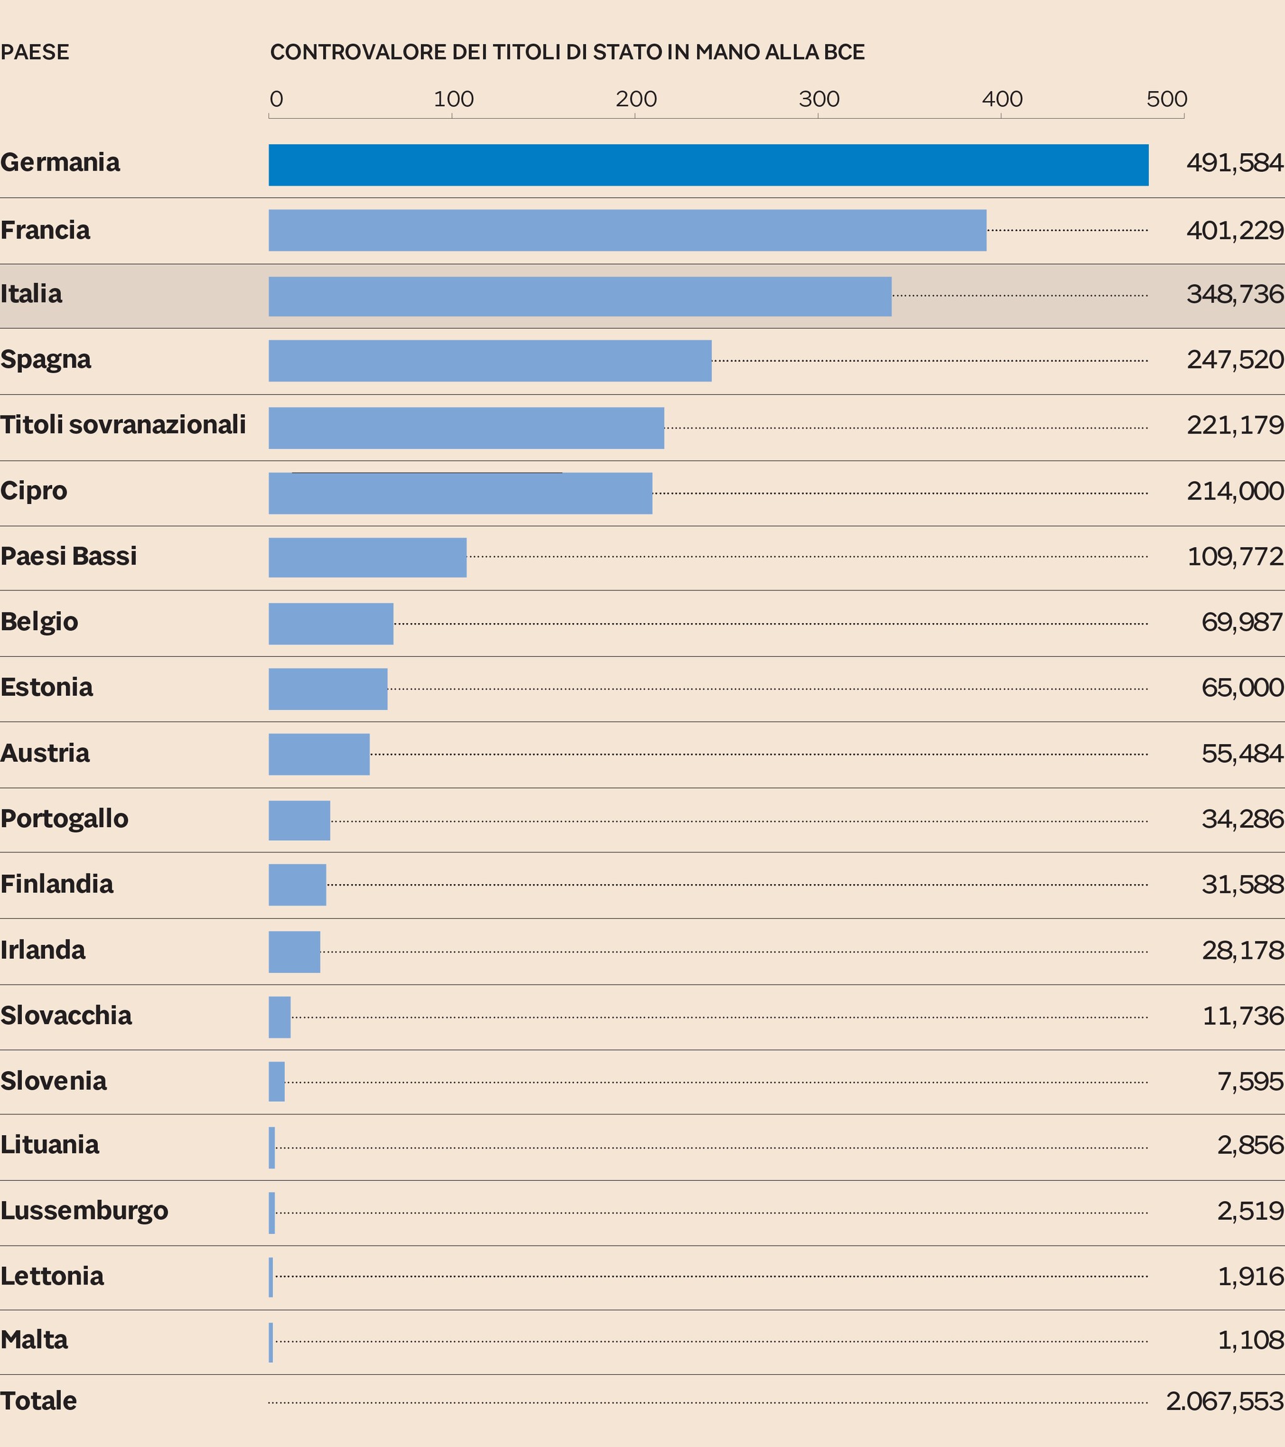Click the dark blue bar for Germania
(708, 165)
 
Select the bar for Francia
(627, 230)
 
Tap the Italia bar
(580, 296)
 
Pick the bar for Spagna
(490, 360)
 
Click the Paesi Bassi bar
(368, 557)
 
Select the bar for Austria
(319, 754)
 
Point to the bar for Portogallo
(299, 821)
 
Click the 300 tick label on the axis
(819, 99)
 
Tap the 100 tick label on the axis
(453, 99)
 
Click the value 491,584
(1235, 163)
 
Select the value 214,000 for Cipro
(1235, 491)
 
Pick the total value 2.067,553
(1224, 1401)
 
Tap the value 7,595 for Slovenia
(1250, 1081)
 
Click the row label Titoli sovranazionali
(123, 425)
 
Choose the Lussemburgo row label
(84, 1210)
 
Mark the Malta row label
(34, 1340)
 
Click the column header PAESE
(35, 52)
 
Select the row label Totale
(38, 1401)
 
